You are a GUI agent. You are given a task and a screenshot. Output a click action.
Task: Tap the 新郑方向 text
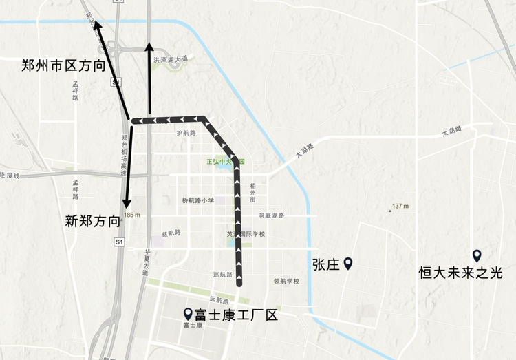coord(93,221)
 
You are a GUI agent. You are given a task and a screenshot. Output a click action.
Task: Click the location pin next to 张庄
coord(348,263)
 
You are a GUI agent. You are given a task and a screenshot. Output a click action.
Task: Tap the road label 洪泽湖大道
coord(171,60)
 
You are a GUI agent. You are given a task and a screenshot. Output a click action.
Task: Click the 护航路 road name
coord(186,133)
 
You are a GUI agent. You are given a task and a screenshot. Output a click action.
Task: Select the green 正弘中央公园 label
coord(224,162)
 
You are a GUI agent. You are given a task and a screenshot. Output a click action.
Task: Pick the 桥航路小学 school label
coord(198,200)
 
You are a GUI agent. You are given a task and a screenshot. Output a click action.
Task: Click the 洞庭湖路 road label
coord(271,215)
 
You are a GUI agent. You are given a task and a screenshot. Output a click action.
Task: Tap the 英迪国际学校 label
coord(246,234)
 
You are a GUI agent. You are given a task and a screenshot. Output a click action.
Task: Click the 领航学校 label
coord(286,281)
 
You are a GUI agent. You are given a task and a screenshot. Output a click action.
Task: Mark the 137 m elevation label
coord(400,206)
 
